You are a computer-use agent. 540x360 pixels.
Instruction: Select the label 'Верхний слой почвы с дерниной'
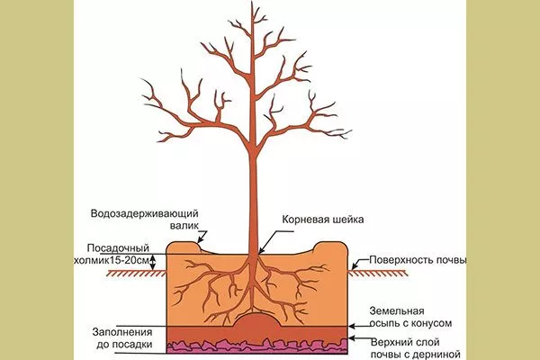pyautogui.click(x=409, y=346)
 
